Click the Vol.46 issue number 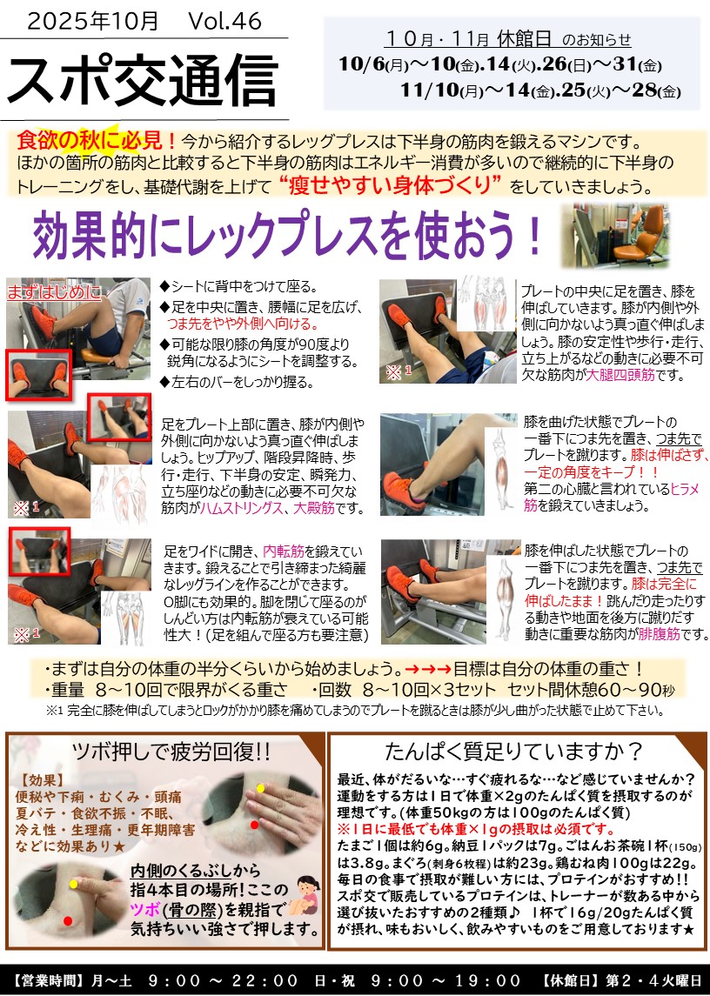pyautogui.click(x=225, y=22)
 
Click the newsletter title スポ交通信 pyautogui.click(x=143, y=79)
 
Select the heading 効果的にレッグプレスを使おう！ pyautogui.click(x=287, y=234)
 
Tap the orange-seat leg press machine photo pyautogui.click(x=616, y=235)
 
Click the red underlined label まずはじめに pyautogui.click(x=54, y=293)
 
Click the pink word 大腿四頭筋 pyautogui.click(x=620, y=375)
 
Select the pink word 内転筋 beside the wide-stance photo pyautogui.click(x=284, y=551)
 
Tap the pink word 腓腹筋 pyautogui.click(x=660, y=634)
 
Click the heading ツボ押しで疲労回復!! pyautogui.click(x=171, y=752)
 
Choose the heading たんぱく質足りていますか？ pyautogui.click(x=514, y=752)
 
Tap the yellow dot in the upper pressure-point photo pyautogui.click(x=261, y=788)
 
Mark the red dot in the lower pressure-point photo pyautogui.click(x=68, y=920)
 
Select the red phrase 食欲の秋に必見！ pyautogui.click(x=97, y=141)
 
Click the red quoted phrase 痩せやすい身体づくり pyautogui.click(x=391, y=185)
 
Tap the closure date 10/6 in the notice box pyautogui.click(x=361, y=64)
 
